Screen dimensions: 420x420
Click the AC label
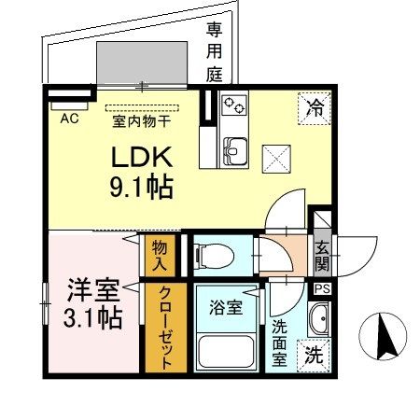pyautogui.click(x=69, y=119)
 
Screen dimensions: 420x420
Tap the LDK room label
pyautogui.click(x=142, y=157)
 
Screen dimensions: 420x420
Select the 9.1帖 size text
pyautogui.click(x=142, y=188)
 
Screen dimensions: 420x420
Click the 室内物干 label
pyautogui.click(x=142, y=121)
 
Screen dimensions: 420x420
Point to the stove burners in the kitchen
pyautogui.click(x=234, y=105)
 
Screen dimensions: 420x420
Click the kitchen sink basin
pyautogui.click(x=235, y=151)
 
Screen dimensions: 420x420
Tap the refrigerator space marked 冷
pyautogui.click(x=315, y=108)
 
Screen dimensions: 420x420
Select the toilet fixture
pyautogui.click(x=214, y=256)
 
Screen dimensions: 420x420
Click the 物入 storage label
pyautogui.click(x=160, y=256)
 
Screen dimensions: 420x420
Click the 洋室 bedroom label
pyautogui.click(x=93, y=290)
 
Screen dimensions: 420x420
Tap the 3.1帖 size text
pyautogui.click(x=92, y=318)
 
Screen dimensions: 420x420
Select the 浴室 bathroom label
pyautogui.click(x=226, y=307)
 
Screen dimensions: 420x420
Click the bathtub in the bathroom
pyautogui.click(x=227, y=352)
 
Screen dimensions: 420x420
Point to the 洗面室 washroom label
pyautogui.click(x=279, y=343)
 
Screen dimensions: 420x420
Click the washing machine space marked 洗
pyautogui.click(x=314, y=356)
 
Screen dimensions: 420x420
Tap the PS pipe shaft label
pyautogui.click(x=322, y=289)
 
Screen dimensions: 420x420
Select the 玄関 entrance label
pyautogui.click(x=322, y=256)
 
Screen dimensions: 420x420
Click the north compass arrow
pyautogui.click(x=385, y=337)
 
